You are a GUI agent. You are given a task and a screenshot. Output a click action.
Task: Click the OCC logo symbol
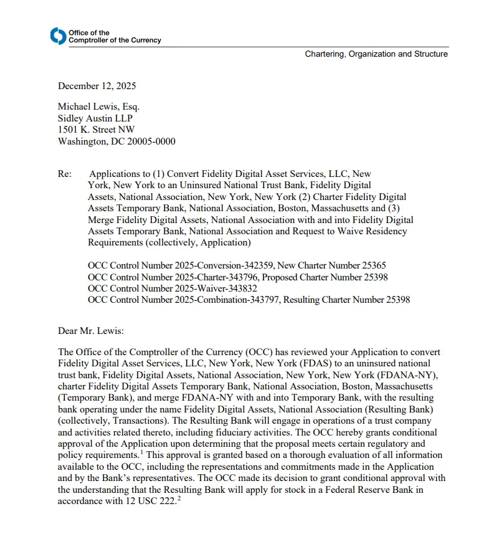(x=57, y=36)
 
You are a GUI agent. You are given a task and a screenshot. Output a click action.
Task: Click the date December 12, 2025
(x=97, y=86)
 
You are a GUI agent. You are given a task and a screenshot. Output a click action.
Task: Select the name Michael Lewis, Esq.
(x=98, y=107)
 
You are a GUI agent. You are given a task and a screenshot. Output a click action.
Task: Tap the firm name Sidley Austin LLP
(x=95, y=118)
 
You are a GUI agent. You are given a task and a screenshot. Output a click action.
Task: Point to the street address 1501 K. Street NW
(x=96, y=130)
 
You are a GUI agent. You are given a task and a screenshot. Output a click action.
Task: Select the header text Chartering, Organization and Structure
(x=376, y=54)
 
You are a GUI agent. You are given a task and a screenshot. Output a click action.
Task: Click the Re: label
(x=65, y=174)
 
